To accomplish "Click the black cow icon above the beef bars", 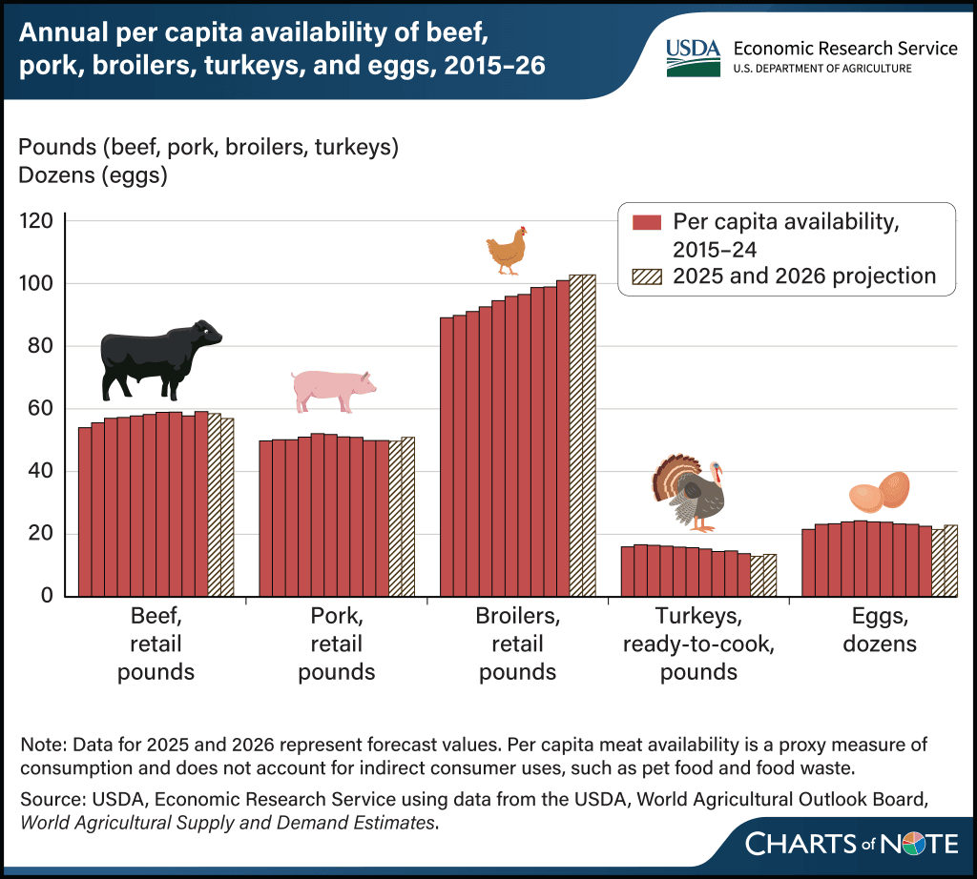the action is click(159, 361).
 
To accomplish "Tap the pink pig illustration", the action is click(333, 391).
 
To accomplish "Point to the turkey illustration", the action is click(689, 493).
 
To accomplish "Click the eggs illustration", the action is click(879, 492).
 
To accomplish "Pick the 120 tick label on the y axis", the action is click(36, 220).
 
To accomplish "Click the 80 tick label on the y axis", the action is click(40, 345).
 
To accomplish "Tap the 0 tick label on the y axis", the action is click(48, 595).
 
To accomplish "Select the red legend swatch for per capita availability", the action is click(646, 222).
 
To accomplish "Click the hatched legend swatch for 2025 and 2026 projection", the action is click(646, 276).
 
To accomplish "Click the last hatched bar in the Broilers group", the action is click(589, 435).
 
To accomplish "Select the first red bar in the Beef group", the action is click(85, 512).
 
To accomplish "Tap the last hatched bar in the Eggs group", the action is click(951, 561).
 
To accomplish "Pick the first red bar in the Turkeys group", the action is click(628, 571).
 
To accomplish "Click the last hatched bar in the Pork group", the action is click(408, 517).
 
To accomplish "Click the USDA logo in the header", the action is click(693, 58).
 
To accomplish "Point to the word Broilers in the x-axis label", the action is click(518, 616).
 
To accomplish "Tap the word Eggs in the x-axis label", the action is click(880, 617).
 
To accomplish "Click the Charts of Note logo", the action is click(852, 844).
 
